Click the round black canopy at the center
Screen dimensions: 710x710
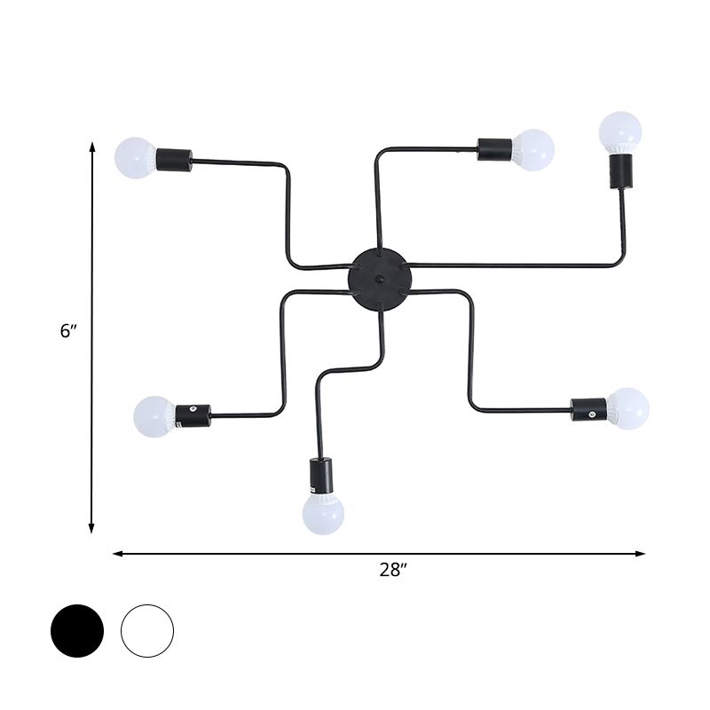point(380,279)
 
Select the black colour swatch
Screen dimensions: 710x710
point(77,631)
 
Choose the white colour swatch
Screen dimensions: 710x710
point(147,631)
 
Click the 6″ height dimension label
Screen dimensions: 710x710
point(69,331)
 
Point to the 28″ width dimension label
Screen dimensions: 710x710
point(391,571)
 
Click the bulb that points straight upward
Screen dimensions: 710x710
point(619,132)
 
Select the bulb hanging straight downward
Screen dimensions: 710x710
point(323,514)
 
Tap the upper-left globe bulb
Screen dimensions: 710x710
point(136,158)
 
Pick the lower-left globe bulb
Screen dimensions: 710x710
point(154,417)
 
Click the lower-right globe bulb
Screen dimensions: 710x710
point(628,408)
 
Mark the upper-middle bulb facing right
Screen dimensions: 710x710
point(533,149)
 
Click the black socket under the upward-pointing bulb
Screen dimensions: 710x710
point(619,170)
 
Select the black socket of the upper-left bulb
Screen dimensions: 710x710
point(174,160)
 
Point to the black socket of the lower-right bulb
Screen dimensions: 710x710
point(588,408)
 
